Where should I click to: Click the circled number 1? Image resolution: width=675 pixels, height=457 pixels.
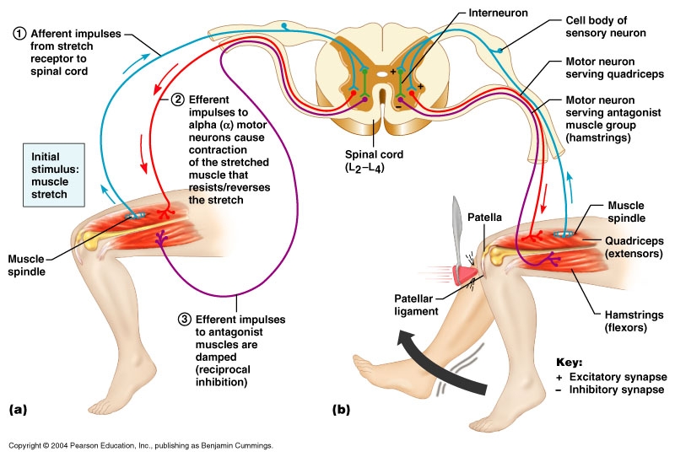click(x=19, y=34)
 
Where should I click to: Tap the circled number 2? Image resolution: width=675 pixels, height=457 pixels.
click(x=177, y=99)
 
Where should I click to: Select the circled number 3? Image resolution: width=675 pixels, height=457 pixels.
click(x=184, y=320)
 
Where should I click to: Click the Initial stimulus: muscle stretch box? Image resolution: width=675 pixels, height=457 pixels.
click(x=54, y=175)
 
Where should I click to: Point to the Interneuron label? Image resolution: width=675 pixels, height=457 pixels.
click(x=498, y=13)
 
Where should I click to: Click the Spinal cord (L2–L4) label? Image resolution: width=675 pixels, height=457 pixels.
click(x=374, y=160)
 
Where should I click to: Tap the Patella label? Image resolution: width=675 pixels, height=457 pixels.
click(x=484, y=218)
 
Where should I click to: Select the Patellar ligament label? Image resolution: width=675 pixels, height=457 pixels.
click(x=416, y=304)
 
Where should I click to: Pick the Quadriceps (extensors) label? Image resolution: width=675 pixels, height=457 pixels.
click(x=634, y=247)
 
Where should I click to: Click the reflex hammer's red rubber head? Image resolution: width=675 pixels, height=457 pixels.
click(x=464, y=275)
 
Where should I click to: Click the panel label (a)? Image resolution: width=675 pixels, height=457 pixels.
click(x=18, y=409)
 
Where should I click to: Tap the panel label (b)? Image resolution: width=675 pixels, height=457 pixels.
click(x=341, y=409)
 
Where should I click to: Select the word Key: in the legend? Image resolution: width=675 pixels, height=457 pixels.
click(x=569, y=362)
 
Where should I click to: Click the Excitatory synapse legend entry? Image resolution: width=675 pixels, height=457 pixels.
click(x=611, y=377)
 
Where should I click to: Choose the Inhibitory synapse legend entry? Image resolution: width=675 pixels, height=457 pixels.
click(x=610, y=390)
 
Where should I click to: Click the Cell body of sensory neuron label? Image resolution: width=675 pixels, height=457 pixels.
click(x=606, y=27)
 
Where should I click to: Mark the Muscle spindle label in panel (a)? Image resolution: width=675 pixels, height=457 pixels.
click(x=26, y=265)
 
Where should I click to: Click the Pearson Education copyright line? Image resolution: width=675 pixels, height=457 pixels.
click(x=141, y=445)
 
